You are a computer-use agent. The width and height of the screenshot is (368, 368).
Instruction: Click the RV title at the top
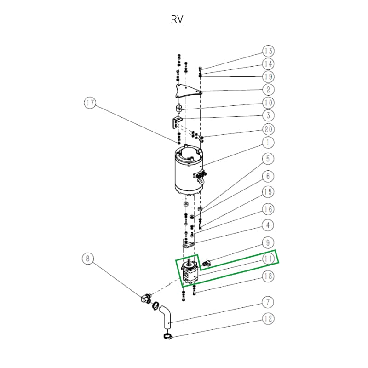pos(177,20)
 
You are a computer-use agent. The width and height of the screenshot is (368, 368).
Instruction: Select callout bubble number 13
pos(268,51)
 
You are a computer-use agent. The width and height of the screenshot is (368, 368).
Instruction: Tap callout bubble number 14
pos(268,63)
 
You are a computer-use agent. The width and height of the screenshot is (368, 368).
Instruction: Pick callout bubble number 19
pos(268,76)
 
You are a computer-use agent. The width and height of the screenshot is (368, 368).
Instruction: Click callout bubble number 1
pos(268,142)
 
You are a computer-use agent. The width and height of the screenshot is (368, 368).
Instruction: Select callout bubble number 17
pos(89,103)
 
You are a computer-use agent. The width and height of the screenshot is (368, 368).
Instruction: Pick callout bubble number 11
pos(268,259)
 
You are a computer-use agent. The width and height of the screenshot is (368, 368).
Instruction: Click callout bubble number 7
pos(268,302)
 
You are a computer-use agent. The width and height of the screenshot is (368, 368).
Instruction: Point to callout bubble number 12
pos(268,318)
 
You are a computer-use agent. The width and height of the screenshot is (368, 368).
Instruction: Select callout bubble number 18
pos(268,276)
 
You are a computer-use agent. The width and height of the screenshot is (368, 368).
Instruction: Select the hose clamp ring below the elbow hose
pos(167,337)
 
